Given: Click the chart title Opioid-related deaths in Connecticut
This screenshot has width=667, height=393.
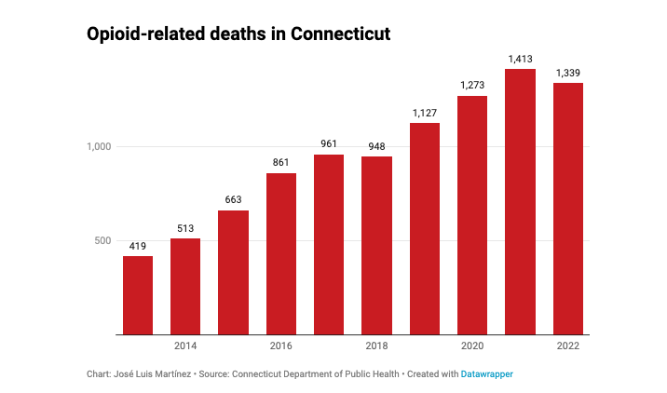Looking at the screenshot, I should click(x=238, y=34).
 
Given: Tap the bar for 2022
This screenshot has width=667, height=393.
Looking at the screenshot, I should click(x=568, y=209).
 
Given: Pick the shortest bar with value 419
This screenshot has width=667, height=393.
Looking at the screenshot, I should click(x=138, y=295).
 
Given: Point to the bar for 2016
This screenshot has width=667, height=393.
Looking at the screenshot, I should click(x=281, y=253).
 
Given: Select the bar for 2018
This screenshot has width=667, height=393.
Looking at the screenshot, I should click(x=376, y=245).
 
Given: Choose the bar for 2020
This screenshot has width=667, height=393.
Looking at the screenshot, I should click(x=472, y=215).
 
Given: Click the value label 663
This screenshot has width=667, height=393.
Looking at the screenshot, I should click(x=233, y=199).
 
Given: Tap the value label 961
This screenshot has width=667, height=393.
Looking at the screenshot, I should click(x=329, y=144).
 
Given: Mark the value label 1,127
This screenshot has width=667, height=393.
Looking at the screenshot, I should click(x=425, y=113).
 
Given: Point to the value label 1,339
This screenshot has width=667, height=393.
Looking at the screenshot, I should click(x=568, y=73).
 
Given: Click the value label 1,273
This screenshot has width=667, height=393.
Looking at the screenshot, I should click(x=472, y=86).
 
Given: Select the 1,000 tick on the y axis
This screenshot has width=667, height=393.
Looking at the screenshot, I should click(x=99, y=147).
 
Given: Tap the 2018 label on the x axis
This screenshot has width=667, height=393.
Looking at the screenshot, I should click(x=376, y=346).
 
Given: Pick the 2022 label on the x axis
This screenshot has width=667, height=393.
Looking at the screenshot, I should click(x=568, y=346).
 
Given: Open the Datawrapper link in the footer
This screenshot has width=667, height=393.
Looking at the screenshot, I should click(x=487, y=373).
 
